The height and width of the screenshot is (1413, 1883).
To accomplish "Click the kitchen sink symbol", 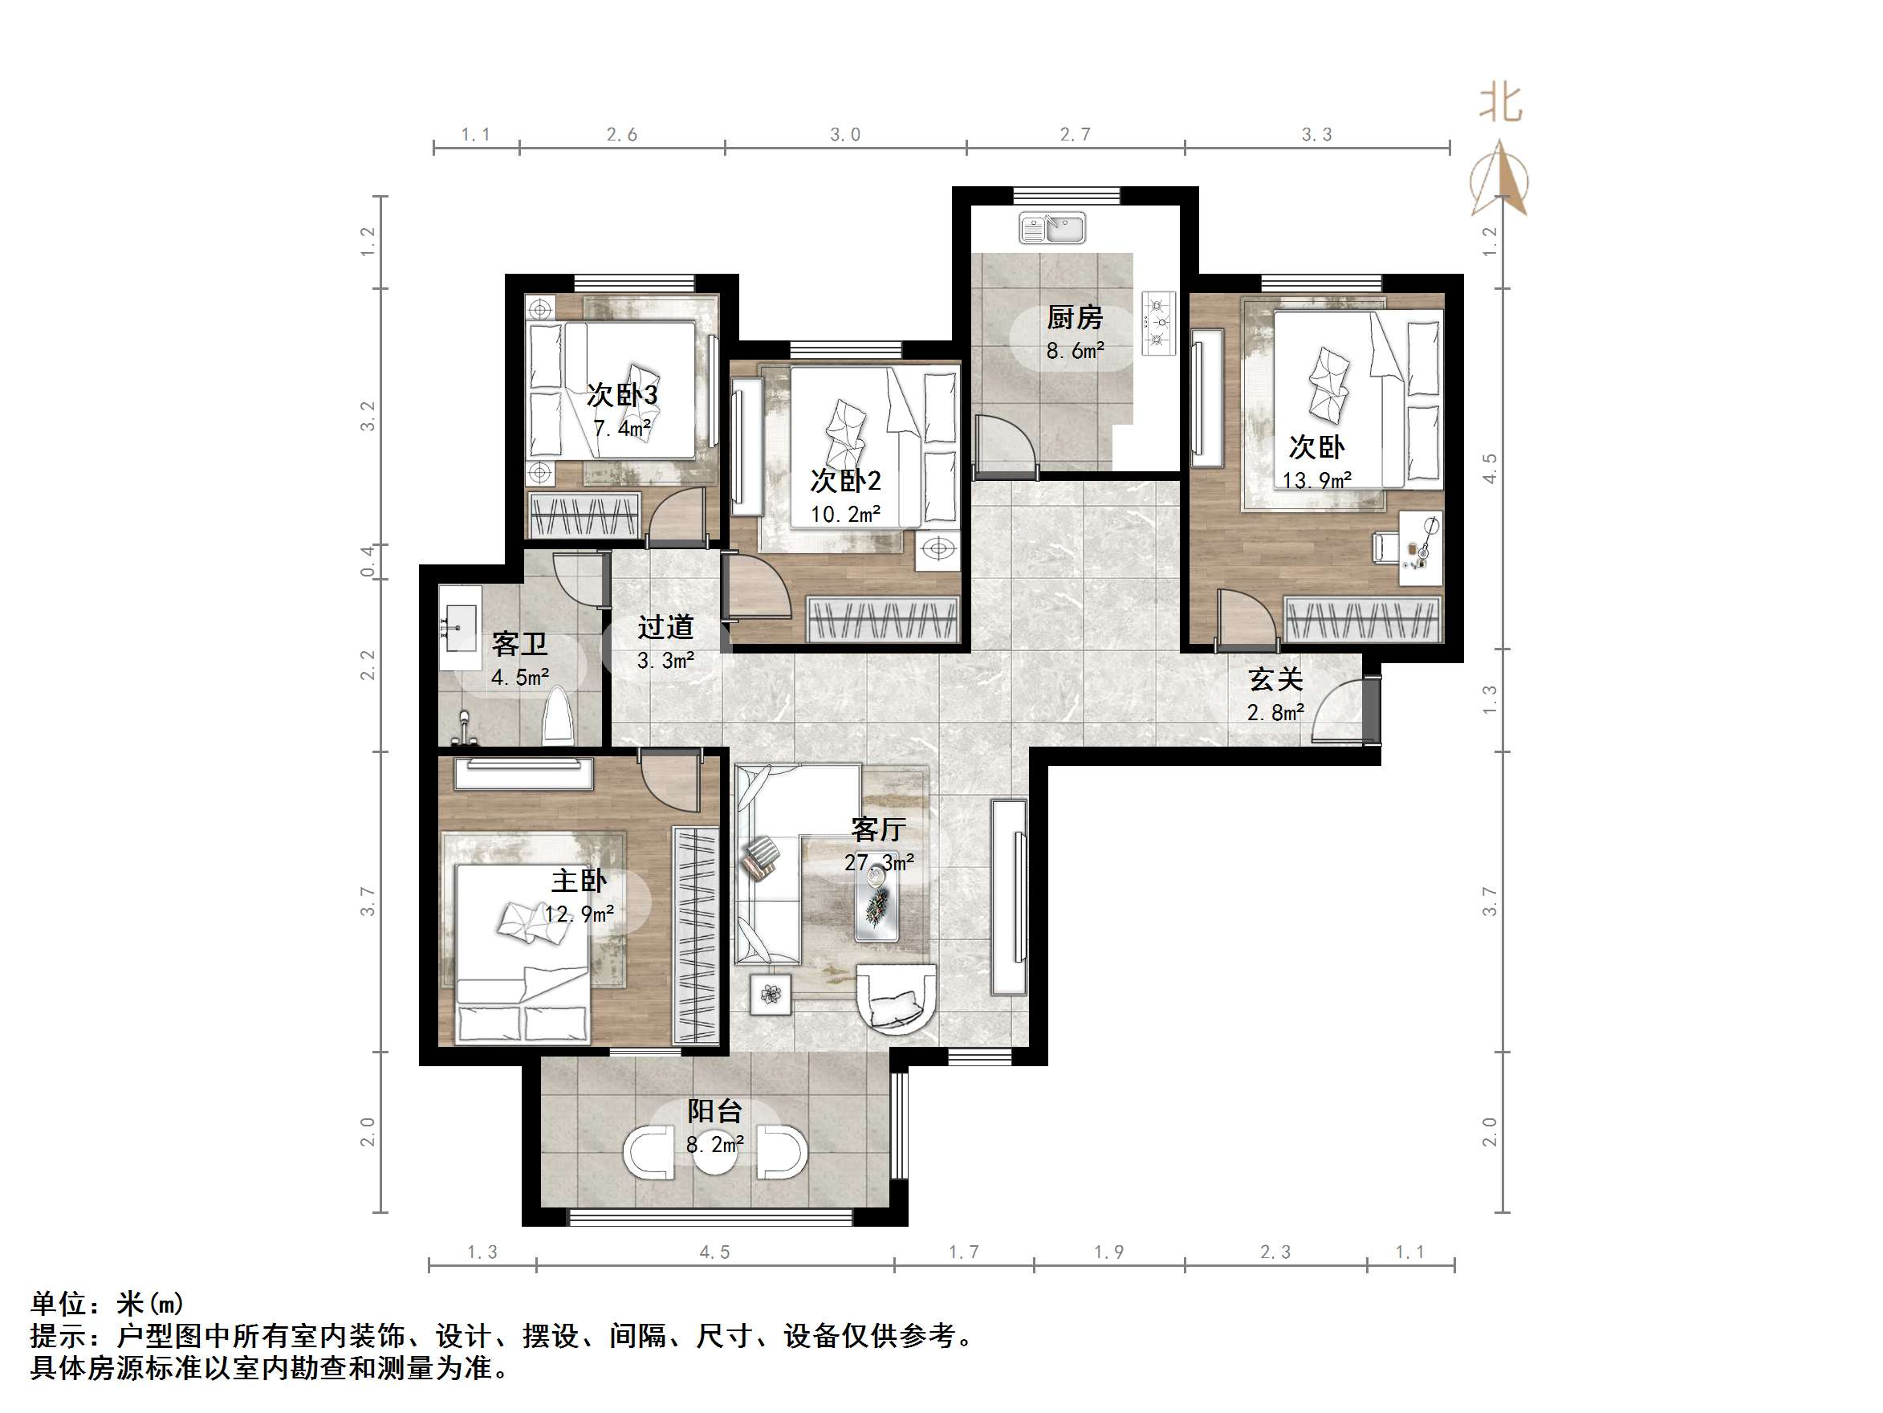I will click(1052, 228).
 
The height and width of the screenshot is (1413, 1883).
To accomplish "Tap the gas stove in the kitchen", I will click(1157, 323).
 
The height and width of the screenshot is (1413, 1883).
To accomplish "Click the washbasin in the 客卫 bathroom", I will click(461, 618).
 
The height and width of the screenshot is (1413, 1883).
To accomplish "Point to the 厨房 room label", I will click(1074, 318).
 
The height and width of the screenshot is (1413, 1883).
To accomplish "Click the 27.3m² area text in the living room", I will click(879, 862).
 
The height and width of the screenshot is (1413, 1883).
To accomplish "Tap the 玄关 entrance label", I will click(1275, 679).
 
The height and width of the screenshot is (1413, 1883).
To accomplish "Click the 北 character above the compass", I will click(1500, 103).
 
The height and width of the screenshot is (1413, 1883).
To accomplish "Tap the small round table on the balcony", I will click(715, 1153).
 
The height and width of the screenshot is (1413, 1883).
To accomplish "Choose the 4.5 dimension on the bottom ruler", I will click(714, 1252).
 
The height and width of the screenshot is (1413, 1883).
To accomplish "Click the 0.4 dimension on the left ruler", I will click(368, 561).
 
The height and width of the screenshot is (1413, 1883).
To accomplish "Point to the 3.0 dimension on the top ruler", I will click(845, 135).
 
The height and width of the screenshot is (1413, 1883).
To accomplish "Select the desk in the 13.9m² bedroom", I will click(1421, 548).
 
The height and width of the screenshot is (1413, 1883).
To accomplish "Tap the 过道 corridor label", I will click(665, 628).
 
